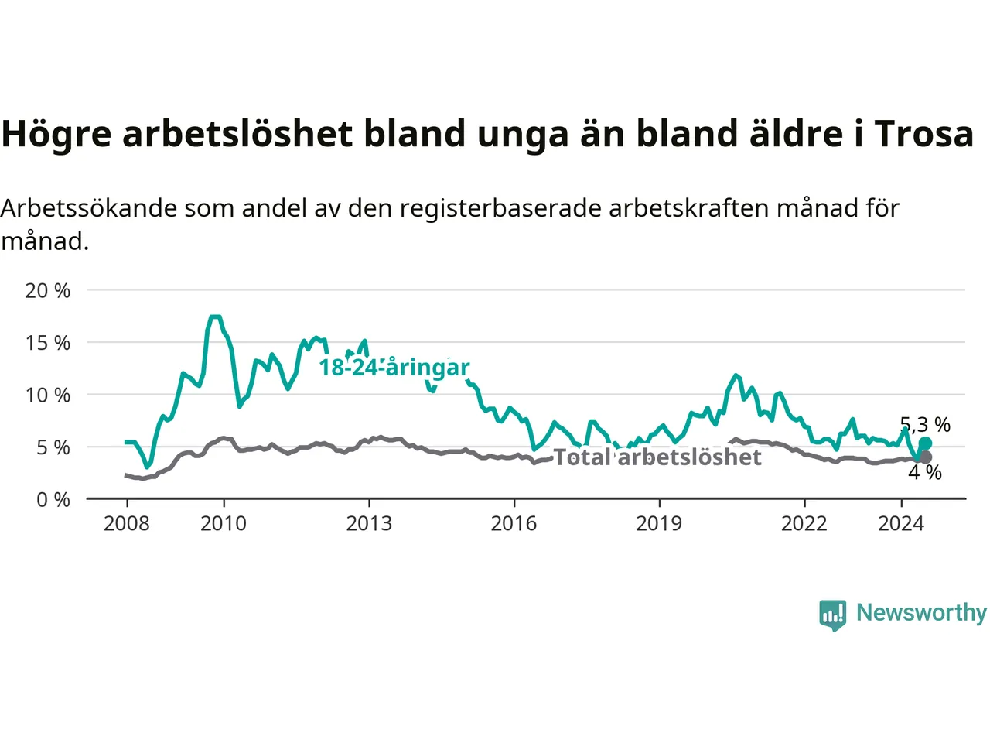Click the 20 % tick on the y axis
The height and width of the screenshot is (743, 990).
pos(48,291)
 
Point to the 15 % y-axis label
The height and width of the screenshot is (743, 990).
pos(48,344)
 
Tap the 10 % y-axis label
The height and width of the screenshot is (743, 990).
pos(48,395)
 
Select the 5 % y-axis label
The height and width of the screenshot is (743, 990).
pos(53,448)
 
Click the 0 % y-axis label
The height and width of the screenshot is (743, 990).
pos(53,500)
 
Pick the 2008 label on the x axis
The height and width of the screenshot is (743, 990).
pos(127,524)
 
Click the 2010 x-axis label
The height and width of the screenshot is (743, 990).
pos(224,524)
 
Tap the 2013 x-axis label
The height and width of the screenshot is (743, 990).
pos(370,524)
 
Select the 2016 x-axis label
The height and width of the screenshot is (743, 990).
pos(514,524)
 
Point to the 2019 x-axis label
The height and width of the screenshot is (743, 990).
pos(660,524)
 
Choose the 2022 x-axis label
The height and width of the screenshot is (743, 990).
pos(804,524)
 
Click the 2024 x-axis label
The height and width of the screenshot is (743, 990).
pos(902,524)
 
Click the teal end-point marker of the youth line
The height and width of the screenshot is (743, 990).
pos(926,443)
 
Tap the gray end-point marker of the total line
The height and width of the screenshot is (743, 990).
pos(926,457)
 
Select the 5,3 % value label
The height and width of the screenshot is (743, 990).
pos(925,425)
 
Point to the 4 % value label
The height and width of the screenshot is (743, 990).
pos(925,473)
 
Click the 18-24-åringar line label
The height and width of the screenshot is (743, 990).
pos(394,368)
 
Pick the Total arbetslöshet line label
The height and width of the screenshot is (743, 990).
pos(657,457)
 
